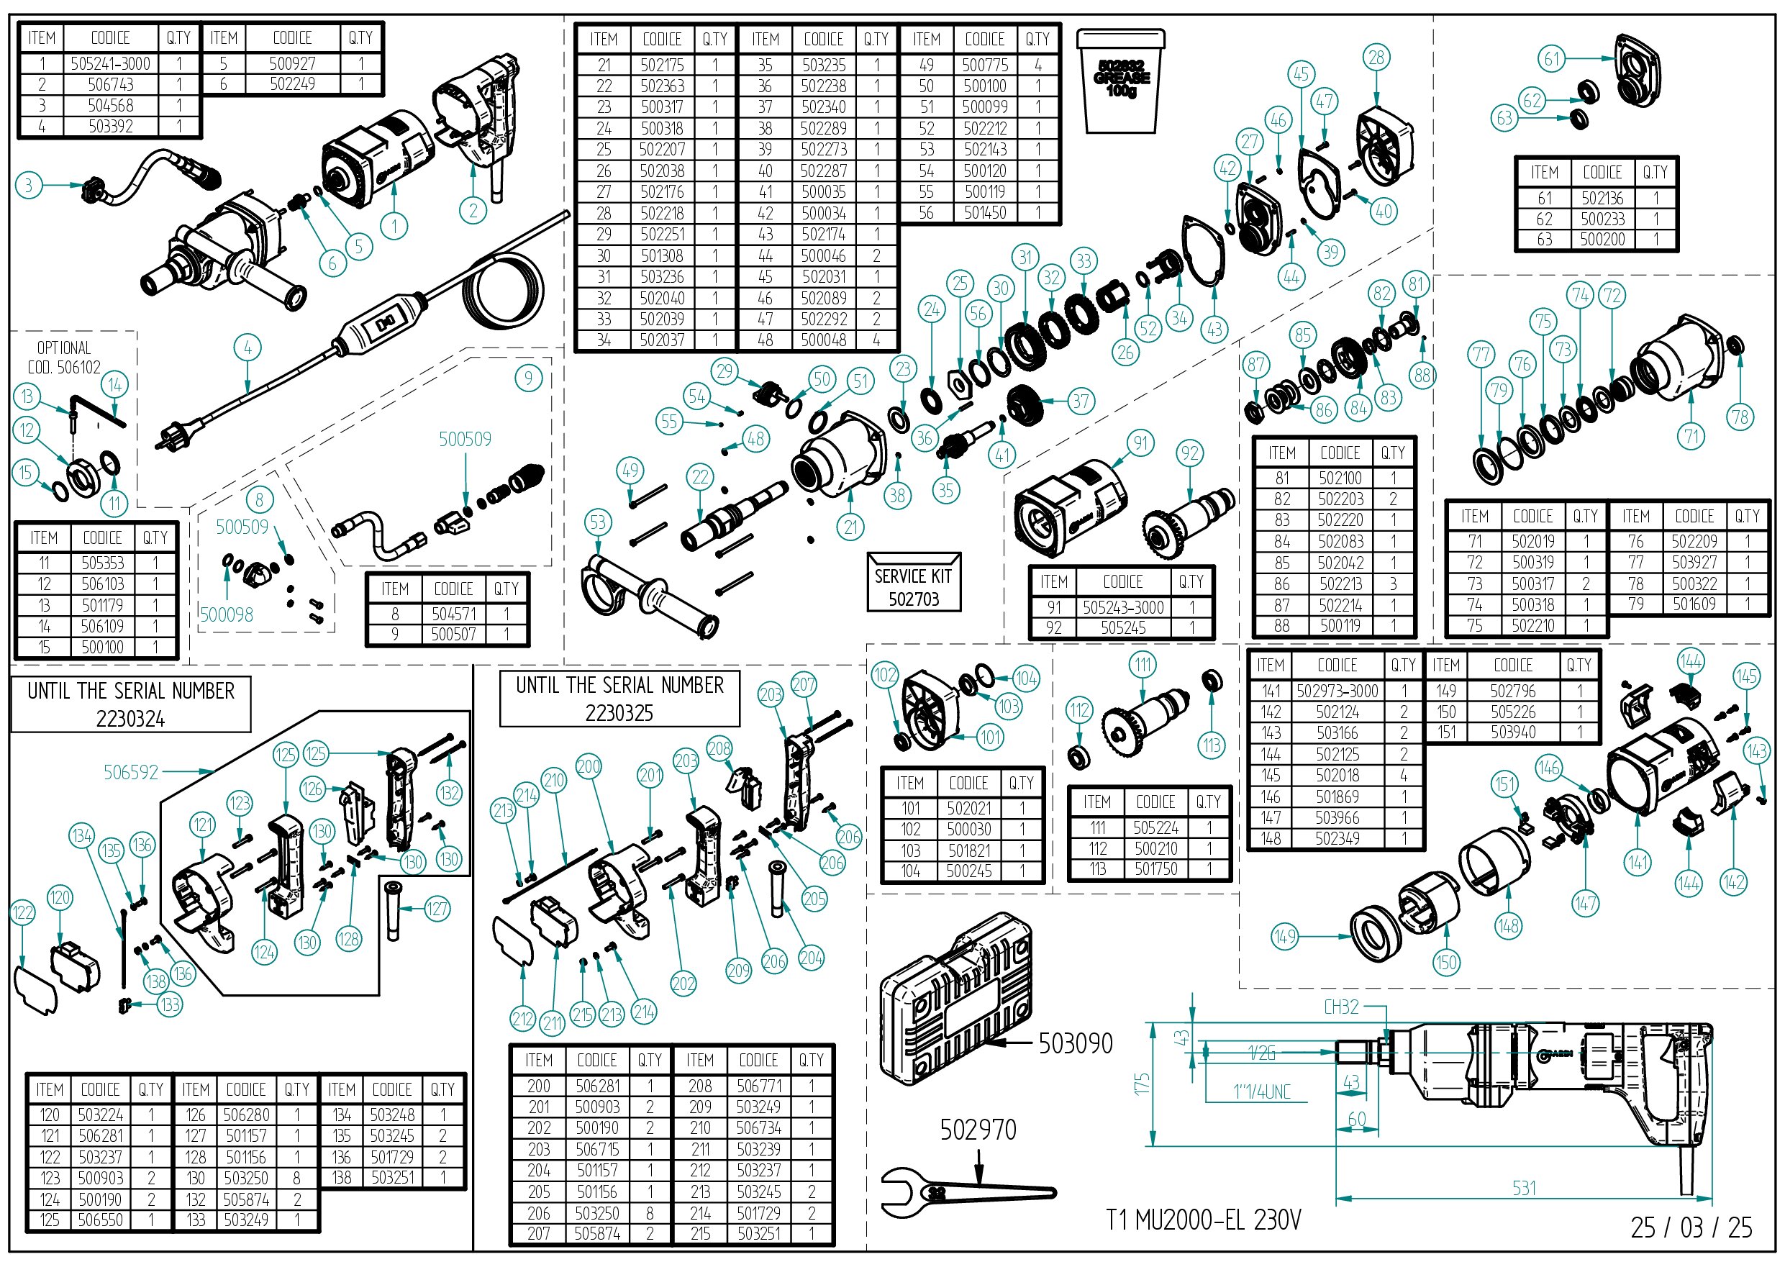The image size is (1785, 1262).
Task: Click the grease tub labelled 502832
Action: coord(1120,81)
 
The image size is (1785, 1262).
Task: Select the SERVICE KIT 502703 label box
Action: coord(914,582)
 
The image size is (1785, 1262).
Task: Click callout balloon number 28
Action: coord(1376,58)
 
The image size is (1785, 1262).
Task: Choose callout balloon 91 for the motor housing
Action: coord(1140,443)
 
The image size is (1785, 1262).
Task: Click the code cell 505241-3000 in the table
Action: coord(110,64)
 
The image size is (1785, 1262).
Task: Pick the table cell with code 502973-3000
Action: coord(1337,691)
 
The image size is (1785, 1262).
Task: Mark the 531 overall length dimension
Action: coord(1524,1188)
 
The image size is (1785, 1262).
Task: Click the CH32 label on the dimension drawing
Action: coord(1341,1007)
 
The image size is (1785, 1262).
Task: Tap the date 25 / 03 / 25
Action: coord(1691,1227)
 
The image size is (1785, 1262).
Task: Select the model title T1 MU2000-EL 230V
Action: coord(1204,1220)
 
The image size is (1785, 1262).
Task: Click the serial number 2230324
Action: coord(131,719)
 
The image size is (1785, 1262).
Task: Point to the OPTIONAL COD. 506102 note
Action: coord(64,358)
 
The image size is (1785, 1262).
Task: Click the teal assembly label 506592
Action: coord(131,772)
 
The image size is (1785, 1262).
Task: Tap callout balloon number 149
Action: coord(1284,936)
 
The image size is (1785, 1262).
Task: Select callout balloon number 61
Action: coord(1552,58)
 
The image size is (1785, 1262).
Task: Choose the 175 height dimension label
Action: coord(1141,1083)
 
